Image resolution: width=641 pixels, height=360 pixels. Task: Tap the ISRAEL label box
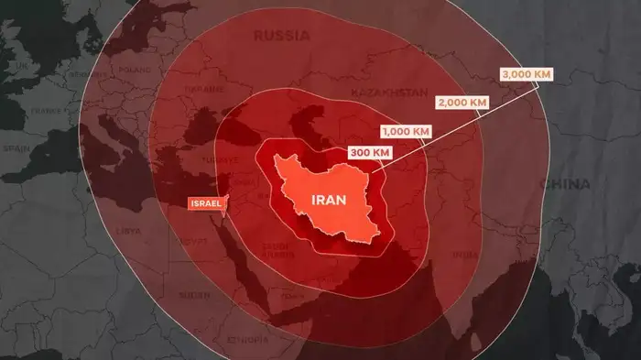pos(204,202)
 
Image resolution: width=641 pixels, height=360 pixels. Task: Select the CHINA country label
pos(564,183)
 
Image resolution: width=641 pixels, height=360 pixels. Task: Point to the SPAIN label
pos(16,147)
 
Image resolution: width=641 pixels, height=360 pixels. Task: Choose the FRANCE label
pos(45,110)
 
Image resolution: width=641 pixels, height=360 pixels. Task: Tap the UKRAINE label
pos(203,89)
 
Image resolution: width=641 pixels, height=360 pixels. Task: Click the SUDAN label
pos(193,295)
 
